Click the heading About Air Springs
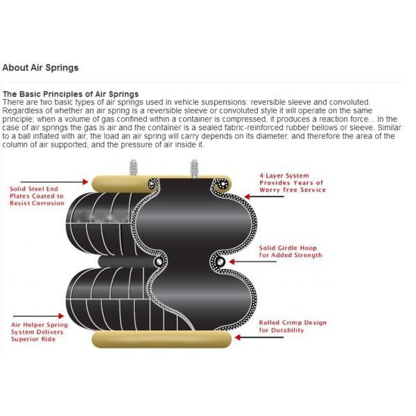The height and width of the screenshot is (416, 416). (40, 68)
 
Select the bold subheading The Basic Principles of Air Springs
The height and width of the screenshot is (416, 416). (71, 94)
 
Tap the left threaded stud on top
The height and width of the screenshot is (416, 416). (133, 167)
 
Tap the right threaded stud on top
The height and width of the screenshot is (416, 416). (194, 168)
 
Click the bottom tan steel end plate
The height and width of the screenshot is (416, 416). (162, 339)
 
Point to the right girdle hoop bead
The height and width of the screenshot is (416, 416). (220, 262)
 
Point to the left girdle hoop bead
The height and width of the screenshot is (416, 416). (159, 262)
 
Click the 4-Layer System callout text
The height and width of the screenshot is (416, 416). (293, 183)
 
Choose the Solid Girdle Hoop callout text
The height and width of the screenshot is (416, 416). (291, 252)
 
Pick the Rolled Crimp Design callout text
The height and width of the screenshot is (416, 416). (293, 327)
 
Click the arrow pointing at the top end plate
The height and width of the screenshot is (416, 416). (54, 182)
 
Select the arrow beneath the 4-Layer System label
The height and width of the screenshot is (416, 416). (263, 197)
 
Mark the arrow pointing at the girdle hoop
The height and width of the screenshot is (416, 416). (252, 262)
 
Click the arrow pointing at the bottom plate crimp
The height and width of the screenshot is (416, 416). (259, 338)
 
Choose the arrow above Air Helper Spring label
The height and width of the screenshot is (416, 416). (38, 316)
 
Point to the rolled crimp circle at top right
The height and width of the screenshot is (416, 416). (223, 184)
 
